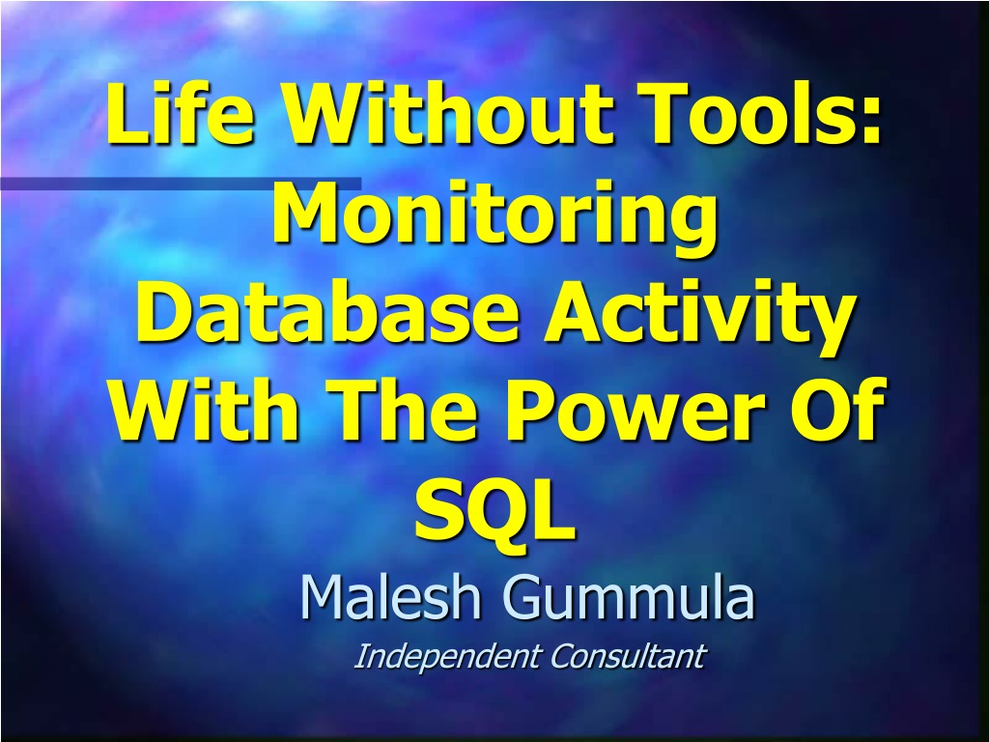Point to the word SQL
pos(495,508)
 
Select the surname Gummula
pos(629,597)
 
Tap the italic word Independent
pos(448,657)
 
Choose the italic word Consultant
pos(628,656)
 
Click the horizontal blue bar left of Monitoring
pos(181,184)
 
